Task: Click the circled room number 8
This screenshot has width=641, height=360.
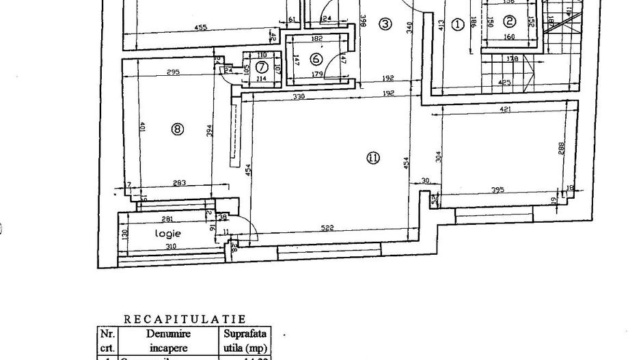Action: [x=178, y=128]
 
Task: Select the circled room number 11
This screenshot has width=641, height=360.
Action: [x=372, y=158]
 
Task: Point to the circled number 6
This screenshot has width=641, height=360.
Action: [x=316, y=59]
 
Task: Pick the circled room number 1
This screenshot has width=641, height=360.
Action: [x=458, y=25]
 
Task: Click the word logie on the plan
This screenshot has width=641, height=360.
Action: [x=168, y=233]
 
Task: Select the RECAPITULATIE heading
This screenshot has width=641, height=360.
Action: [x=185, y=318]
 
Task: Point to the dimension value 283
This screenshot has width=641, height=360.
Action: [x=179, y=182]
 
